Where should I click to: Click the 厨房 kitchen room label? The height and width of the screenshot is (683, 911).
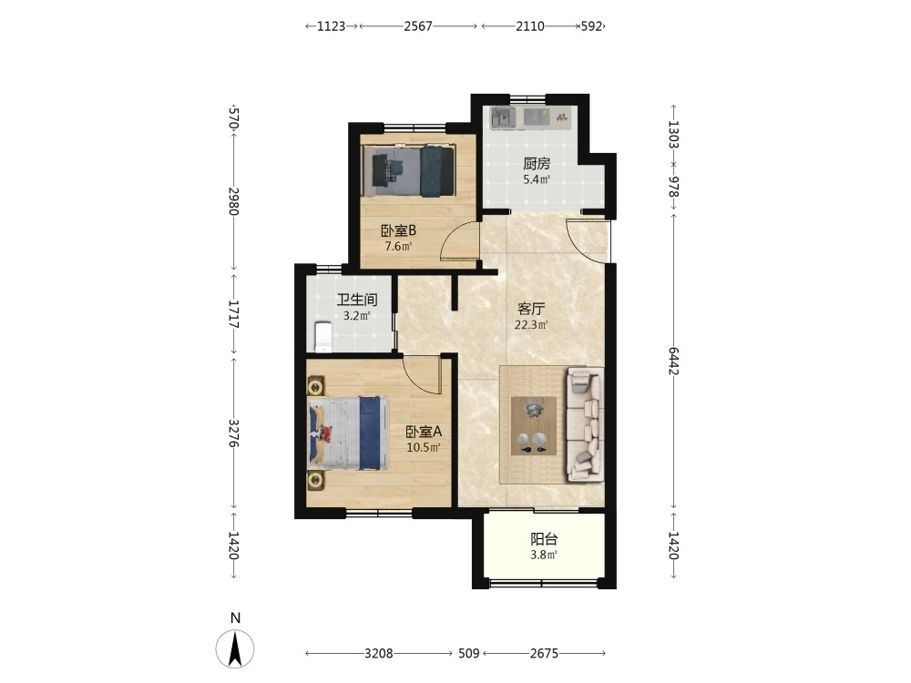pos(537,164)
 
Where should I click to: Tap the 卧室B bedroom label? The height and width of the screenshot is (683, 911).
pos(398,230)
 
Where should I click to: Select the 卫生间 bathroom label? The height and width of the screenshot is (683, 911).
pos(357,300)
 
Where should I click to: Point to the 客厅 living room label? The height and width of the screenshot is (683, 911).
pos(531,309)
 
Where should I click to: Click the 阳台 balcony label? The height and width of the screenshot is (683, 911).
pos(544,539)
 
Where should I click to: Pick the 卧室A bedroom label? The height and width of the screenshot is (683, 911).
pos(424,432)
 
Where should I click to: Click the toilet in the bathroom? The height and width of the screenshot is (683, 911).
pos(322,338)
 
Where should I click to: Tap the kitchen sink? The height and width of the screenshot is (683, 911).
pos(503,117)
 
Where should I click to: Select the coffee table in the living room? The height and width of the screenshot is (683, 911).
pos(533,425)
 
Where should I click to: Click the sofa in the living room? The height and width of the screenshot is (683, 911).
pos(585,424)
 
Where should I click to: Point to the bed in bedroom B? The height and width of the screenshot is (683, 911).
pos(408,170)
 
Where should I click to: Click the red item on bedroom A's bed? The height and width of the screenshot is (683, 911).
pos(323,433)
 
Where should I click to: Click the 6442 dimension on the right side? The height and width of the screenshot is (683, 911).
pos(673,361)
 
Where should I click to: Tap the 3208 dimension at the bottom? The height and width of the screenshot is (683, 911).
pos(379,653)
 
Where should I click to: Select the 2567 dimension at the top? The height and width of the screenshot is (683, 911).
pos(418,26)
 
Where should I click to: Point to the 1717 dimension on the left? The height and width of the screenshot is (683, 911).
pos(233,313)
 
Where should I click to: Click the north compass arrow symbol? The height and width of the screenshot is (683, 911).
pos(235,648)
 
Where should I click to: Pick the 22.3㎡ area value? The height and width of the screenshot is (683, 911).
pos(531,325)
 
